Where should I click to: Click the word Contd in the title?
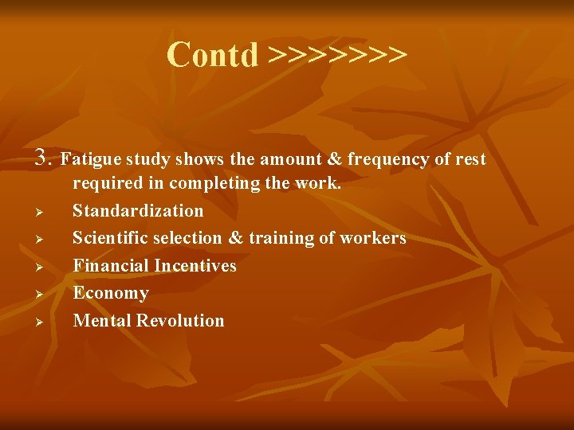213,55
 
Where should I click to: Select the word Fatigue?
89,159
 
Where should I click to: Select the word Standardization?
138,211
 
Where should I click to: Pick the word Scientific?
111,238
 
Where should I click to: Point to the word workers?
373,238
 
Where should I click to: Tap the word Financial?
110,265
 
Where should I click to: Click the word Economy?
111,293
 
